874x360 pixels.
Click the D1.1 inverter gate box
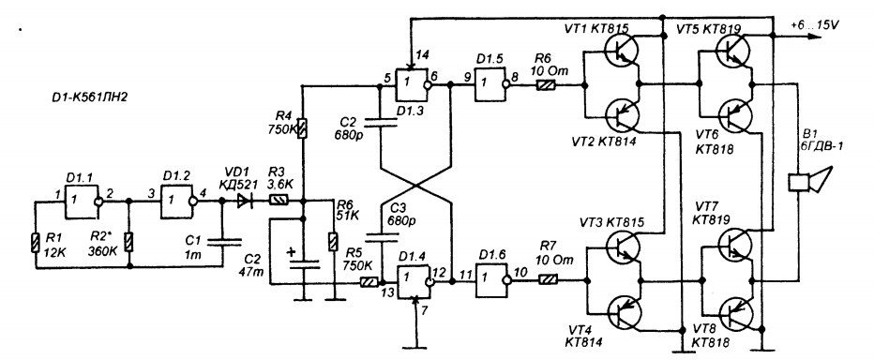(x=82, y=202)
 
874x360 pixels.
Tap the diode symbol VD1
(x=245, y=202)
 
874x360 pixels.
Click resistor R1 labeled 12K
(x=35, y=244)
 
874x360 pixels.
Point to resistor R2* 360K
(x=129, y=243)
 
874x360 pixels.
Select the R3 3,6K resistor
(x=279, y=202)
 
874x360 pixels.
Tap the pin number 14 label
(x=421, y=54)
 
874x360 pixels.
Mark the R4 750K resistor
(x=303, y=129)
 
